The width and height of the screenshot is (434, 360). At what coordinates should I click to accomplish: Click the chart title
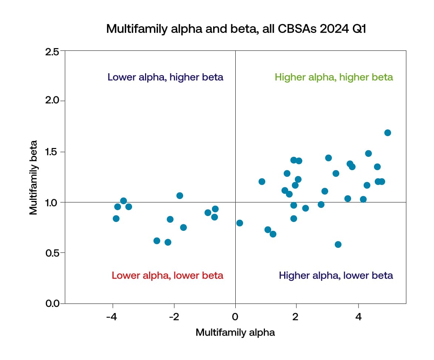click(x=236, y=28)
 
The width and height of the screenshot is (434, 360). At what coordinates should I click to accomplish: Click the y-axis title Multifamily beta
click(x=34, y=177)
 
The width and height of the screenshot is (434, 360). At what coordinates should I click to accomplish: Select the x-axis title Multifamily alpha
click(x=235, y=332)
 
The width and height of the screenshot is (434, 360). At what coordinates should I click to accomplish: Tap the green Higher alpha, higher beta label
click(x=334, y=77)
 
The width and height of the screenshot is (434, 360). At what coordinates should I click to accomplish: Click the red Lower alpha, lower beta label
click(x=167, y=276)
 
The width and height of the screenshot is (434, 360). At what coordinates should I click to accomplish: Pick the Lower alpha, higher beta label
click(x=165, y=77)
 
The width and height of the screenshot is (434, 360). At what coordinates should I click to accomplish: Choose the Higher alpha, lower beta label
click(x=336, y=276)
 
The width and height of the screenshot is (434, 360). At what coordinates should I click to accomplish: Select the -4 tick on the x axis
click(x=112, y=317)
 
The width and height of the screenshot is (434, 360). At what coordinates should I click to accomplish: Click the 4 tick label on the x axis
click(x=358, y=317)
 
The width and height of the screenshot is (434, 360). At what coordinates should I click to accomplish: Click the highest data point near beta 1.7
click(x=388, y=133)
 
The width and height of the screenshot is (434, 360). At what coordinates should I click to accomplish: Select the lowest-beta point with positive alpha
click(x=338, y=245)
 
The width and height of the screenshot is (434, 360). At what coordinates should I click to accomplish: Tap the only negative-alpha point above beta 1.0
click(x=180, y=196)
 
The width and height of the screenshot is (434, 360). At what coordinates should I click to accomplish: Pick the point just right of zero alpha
click(x=240, y=223)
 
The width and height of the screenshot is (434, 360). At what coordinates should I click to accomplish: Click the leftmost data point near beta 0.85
click(x=116, y=219)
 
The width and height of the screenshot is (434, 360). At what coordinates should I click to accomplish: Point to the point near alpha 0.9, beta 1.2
click(x=262, y=182)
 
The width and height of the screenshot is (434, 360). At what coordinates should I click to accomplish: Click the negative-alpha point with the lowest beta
click(x=168, y=242)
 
